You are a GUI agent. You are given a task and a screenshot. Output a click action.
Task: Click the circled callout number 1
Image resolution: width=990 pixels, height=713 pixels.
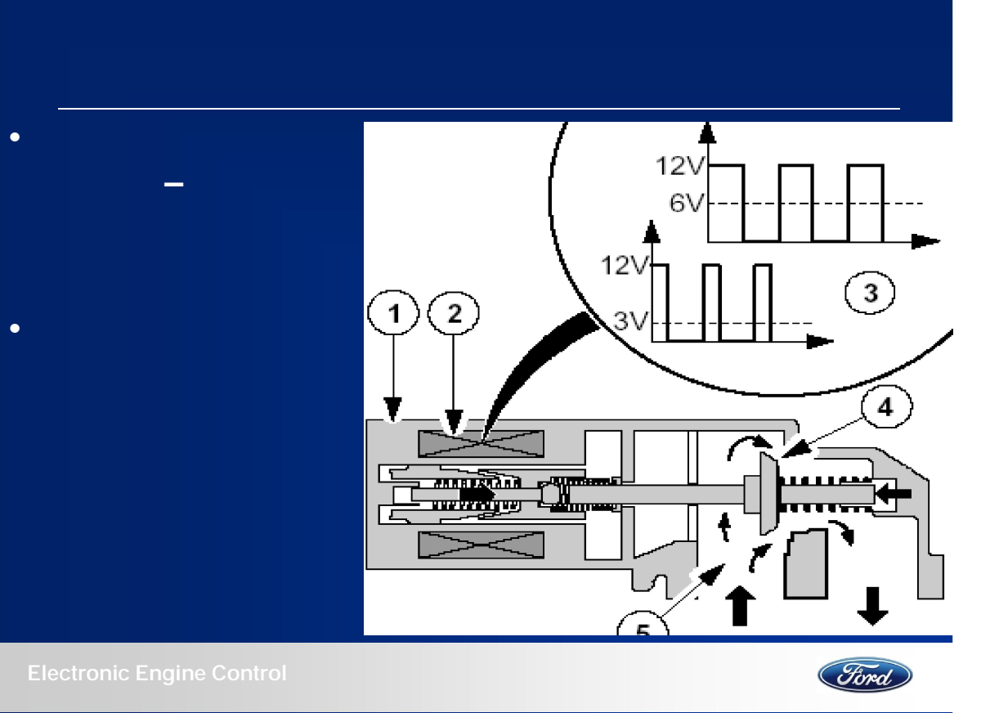(x=393, y=312)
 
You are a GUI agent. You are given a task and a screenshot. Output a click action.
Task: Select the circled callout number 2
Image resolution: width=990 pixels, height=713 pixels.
(x=454, y=313)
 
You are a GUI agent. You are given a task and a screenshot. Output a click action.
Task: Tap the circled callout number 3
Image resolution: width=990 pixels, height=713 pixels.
(x=870, y=293)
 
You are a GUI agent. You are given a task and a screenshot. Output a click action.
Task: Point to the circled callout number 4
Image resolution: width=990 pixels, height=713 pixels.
(x=886, y=406)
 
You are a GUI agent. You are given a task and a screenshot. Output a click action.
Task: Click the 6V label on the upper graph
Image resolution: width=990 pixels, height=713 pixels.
(x=687, y=204)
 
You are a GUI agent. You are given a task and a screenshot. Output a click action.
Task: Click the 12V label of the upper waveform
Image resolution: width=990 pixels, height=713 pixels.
(x=680, y=166)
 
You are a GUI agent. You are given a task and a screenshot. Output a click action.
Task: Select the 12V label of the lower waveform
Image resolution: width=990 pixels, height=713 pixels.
(x=625, y=265)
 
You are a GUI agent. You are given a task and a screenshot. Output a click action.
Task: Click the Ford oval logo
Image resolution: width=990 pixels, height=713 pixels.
(x=865, y=675)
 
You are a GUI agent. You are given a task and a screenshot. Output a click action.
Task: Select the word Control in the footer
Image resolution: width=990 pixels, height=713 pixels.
(x=249, y=673)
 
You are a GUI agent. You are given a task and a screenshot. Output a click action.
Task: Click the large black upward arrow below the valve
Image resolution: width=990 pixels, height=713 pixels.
(x=741, y=606)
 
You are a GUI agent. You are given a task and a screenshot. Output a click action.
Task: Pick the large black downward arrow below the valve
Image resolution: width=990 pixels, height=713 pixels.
(x=872, y=607)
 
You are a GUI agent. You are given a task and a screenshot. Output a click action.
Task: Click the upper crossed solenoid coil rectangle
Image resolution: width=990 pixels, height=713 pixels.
(x=481, y=444)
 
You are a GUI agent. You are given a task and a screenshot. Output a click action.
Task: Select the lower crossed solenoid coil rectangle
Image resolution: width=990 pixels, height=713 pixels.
(x=481, y=545)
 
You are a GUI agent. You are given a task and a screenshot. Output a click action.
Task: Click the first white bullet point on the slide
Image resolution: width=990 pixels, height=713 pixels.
(x=15, y=137)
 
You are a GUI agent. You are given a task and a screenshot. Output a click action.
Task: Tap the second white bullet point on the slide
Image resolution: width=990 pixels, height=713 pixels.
(x=15, y=329)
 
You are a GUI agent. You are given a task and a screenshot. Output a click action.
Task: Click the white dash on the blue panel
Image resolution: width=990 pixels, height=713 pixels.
(x=173, y=184)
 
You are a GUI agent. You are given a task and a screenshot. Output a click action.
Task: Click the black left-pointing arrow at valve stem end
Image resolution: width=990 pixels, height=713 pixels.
(x=893, y=494)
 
